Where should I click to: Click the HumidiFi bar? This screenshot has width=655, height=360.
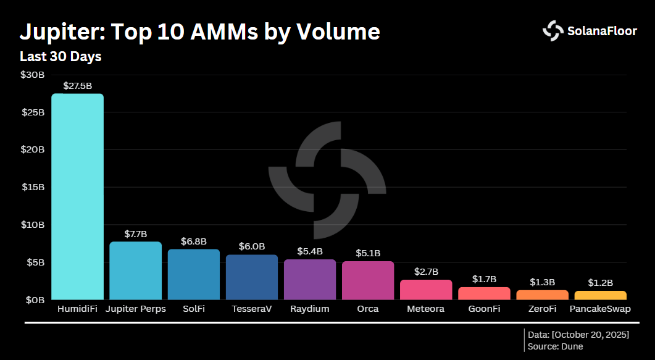click(x=77, y=196)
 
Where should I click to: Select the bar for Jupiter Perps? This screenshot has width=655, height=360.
click(x=135, y=270)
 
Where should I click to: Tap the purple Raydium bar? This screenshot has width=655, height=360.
click(x=310, y=279)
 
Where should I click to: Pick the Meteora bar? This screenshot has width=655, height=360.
click(x=426, y=290)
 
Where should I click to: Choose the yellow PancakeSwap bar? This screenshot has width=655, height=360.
click(x=600, y=295)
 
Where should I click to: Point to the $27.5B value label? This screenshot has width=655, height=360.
click(x=77, y=85)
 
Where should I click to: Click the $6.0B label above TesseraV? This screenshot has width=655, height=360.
click(x=252, y=246)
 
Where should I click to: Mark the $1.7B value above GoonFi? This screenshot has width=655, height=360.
click(x=484, y=279)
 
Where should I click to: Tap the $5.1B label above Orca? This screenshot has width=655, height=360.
click(x=368, y=253)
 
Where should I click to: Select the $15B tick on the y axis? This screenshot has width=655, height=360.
click(x=33, y=187)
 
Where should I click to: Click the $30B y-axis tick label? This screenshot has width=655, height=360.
click(x=33, y=75)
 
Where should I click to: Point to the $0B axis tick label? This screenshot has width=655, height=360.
click(x=35, y=300)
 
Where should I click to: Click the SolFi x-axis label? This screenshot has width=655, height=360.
click(x=193, y=309)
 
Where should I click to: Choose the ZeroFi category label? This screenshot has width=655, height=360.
click(x=542, y=309)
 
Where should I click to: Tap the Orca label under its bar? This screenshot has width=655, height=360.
click(x=368, y=309)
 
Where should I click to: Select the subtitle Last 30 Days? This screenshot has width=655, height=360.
click(x=60, y=57)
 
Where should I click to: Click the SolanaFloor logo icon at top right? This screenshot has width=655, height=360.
click(x=553, y=31)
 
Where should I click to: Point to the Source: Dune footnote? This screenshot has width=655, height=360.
click(x=555, y=346)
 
